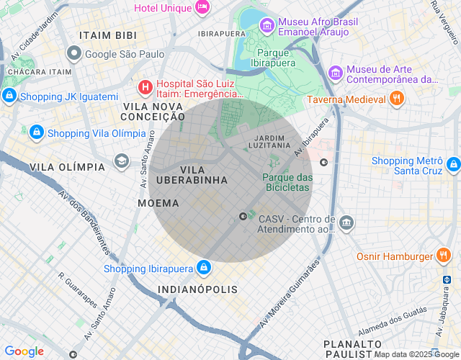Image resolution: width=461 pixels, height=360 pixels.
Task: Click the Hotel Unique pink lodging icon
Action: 203,7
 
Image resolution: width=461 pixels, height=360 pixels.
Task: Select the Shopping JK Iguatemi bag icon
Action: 9,96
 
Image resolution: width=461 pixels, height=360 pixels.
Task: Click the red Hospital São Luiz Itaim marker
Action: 145,88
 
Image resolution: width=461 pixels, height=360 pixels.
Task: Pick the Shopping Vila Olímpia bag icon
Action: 37,132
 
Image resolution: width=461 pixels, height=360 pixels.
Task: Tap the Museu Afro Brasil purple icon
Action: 267,27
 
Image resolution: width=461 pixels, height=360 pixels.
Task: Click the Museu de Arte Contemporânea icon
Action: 335,73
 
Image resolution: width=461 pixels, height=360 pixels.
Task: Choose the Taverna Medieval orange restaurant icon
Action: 395,99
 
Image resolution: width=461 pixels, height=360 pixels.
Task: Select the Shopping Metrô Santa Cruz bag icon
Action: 453,164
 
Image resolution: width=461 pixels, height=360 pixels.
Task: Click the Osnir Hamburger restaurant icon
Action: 444,256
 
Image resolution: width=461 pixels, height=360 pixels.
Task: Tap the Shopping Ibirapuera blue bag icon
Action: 204,268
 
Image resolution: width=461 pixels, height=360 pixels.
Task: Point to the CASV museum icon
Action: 346,222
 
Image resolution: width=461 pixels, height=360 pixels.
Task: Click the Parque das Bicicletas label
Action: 286,182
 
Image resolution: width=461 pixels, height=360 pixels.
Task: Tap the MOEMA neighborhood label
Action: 158,204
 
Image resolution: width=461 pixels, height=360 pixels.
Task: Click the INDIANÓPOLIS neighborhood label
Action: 197,289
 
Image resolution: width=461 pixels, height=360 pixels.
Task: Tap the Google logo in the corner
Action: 24,351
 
